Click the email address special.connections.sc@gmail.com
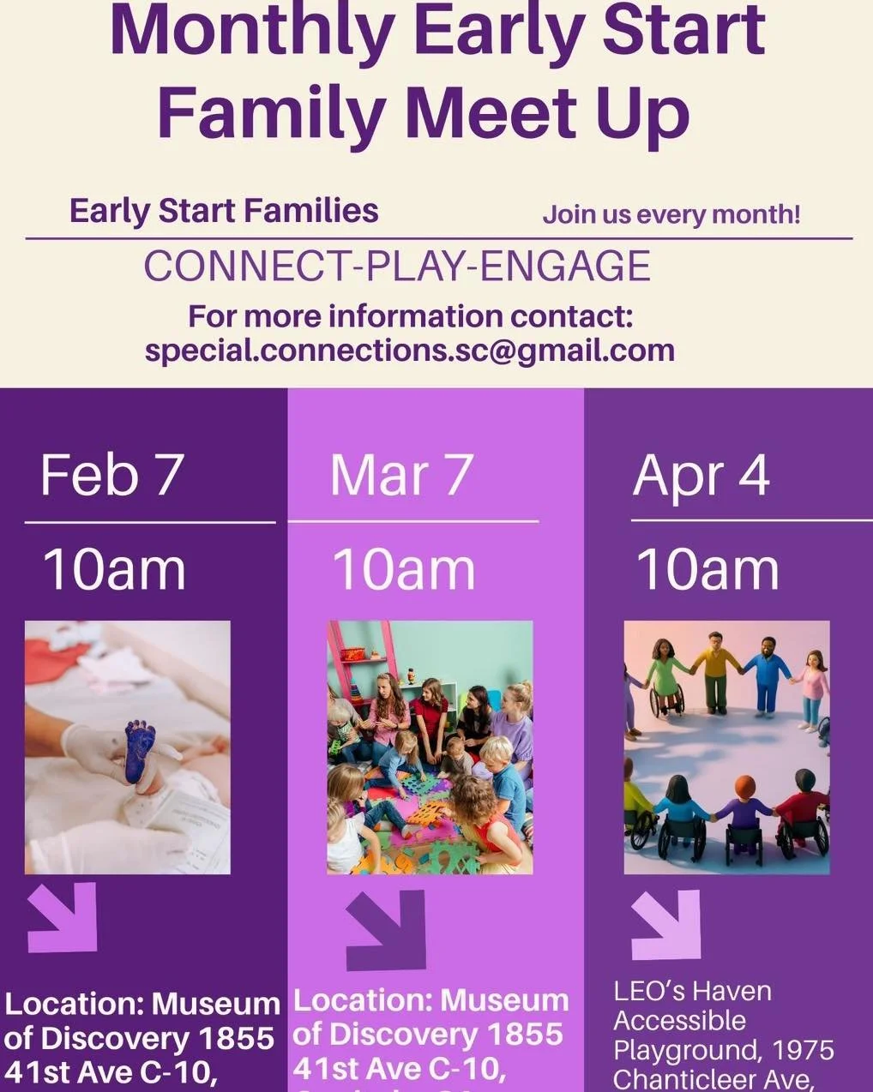click(x=410, y=351)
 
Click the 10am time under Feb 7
click(x=114, y=569)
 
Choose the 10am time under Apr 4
click(x=707, y=569)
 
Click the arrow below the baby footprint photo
click(x=63, y=917)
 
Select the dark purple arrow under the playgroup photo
click(x=387, y=929)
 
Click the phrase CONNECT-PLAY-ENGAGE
click(x=397, y=266)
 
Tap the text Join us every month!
click(x=671, y=213)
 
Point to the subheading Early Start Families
click(x=224, y=211)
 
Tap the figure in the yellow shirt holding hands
click(x=714, y=667)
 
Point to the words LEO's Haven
click(x=693, y=992)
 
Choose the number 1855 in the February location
click(x=236, y=1038)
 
